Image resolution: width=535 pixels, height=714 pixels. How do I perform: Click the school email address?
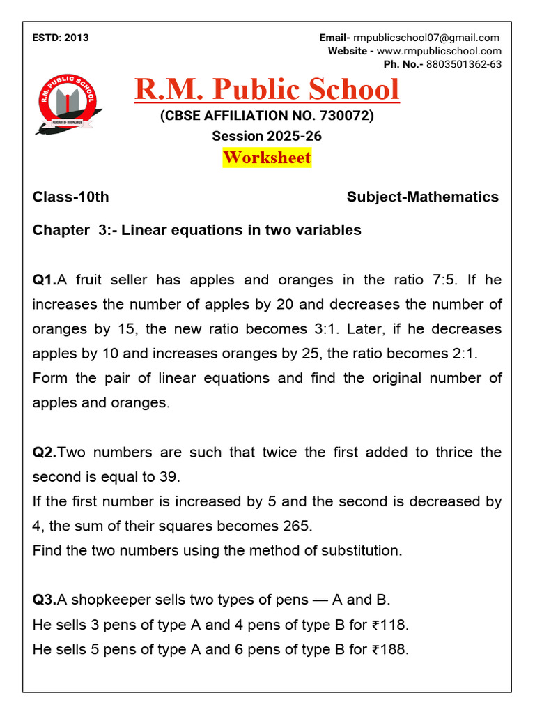coord(426,38)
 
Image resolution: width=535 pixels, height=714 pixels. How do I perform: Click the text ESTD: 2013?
coord(61,38)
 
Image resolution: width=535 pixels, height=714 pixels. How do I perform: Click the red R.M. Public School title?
coord(267,89)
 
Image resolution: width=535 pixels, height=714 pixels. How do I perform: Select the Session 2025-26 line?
coord(267,136)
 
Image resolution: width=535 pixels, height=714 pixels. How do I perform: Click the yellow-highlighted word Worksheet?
coord(267,158)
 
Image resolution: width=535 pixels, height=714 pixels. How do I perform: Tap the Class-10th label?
coord(70,197)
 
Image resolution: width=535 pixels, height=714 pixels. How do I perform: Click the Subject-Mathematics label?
coord(422,197)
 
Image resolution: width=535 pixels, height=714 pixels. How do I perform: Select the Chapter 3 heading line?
coord(196,230)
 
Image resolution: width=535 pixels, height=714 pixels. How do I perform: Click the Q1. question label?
coord(45,280)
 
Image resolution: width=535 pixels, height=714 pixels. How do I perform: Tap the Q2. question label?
coord(45,453)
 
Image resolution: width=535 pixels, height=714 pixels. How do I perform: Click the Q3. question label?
coord(45,600)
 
